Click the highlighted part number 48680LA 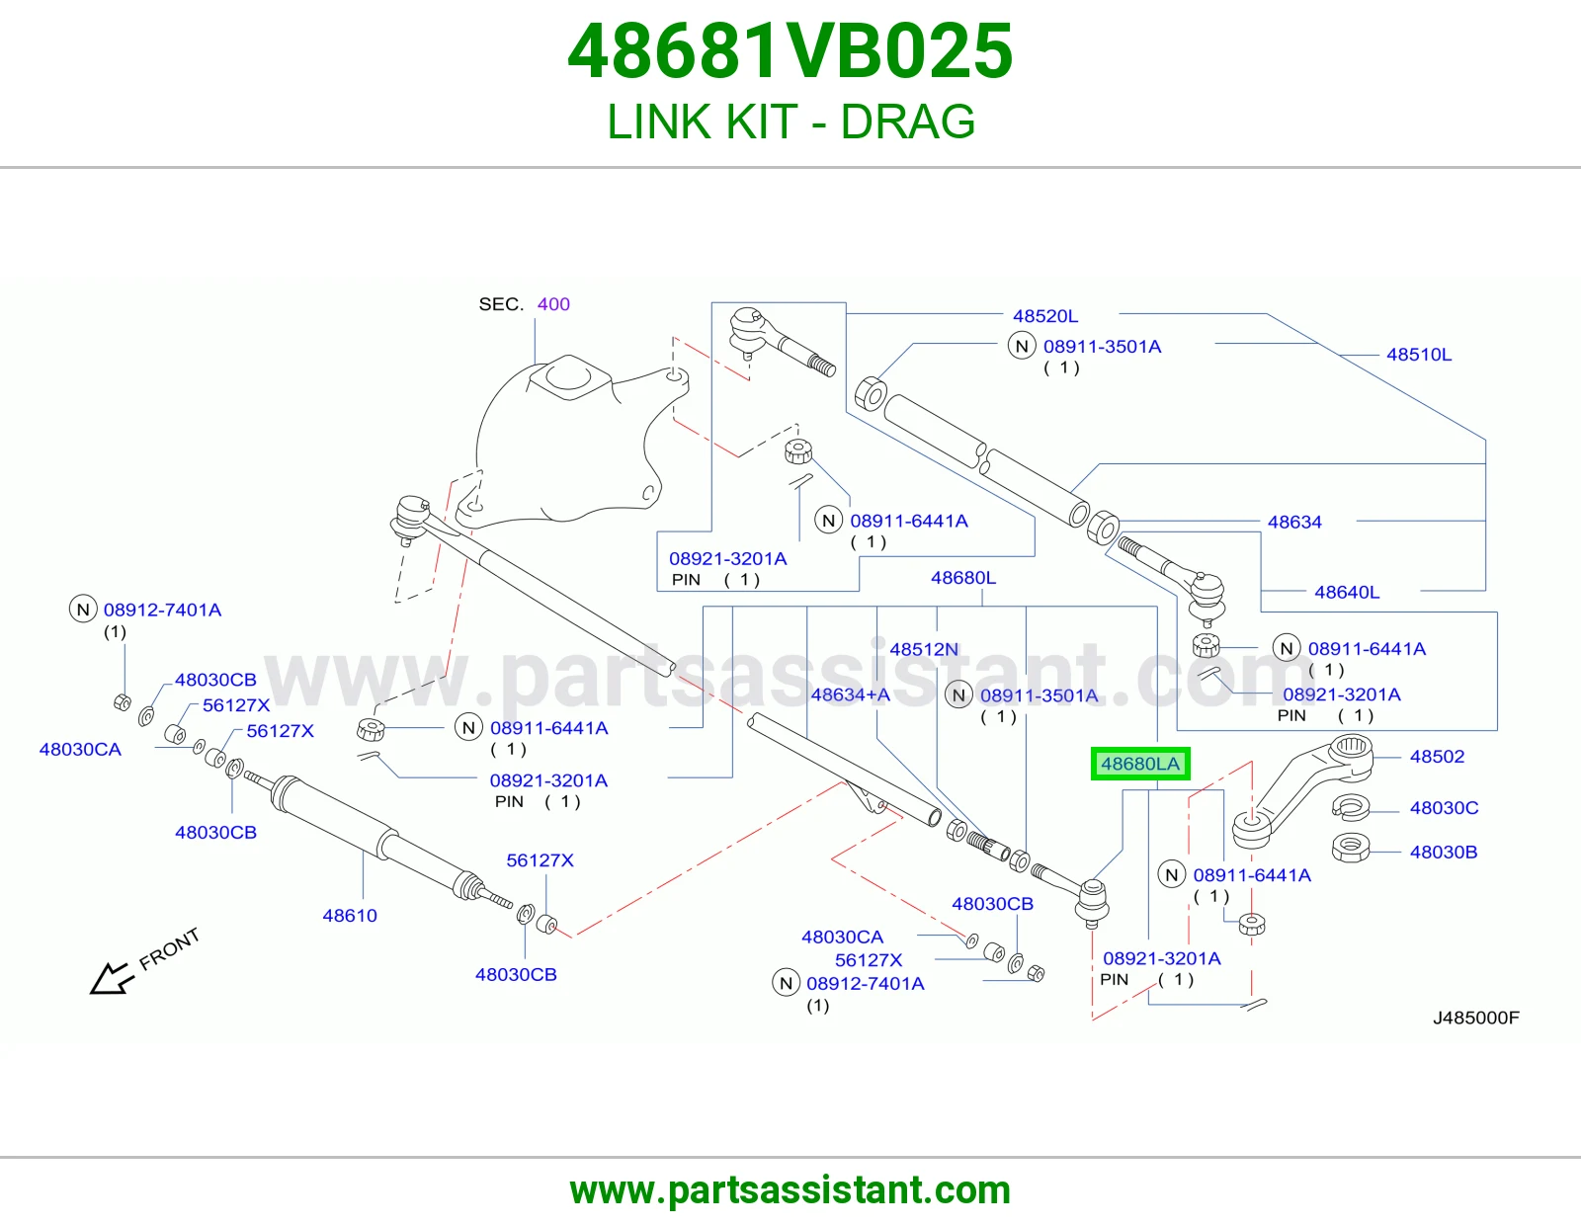click(x=1140, y=764)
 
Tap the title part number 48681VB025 click(x=790, y=51)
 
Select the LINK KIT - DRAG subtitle click(x=790, y=122)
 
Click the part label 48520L click(x=1045, y=316)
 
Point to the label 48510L click(x=1419, y=355)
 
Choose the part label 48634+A click(x=851, y=694)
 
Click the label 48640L click(x=1347, y=592)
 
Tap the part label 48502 click(x=1437, y=757)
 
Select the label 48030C click(x=1445, y=807)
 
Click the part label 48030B click(x=1444, y=852)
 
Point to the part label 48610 click(x=350, y=915)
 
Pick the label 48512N click(x=924, y=649)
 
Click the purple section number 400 click(x=553, y=304)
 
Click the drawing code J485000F click(x=1476, y=1018)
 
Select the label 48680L click(x=963, y=578)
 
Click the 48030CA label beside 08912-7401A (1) click(x=843, y=937)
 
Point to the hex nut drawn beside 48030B click(x=1351, y=849)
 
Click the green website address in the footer click(x=790, y=1190)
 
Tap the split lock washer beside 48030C click(x=1351, y=806)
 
